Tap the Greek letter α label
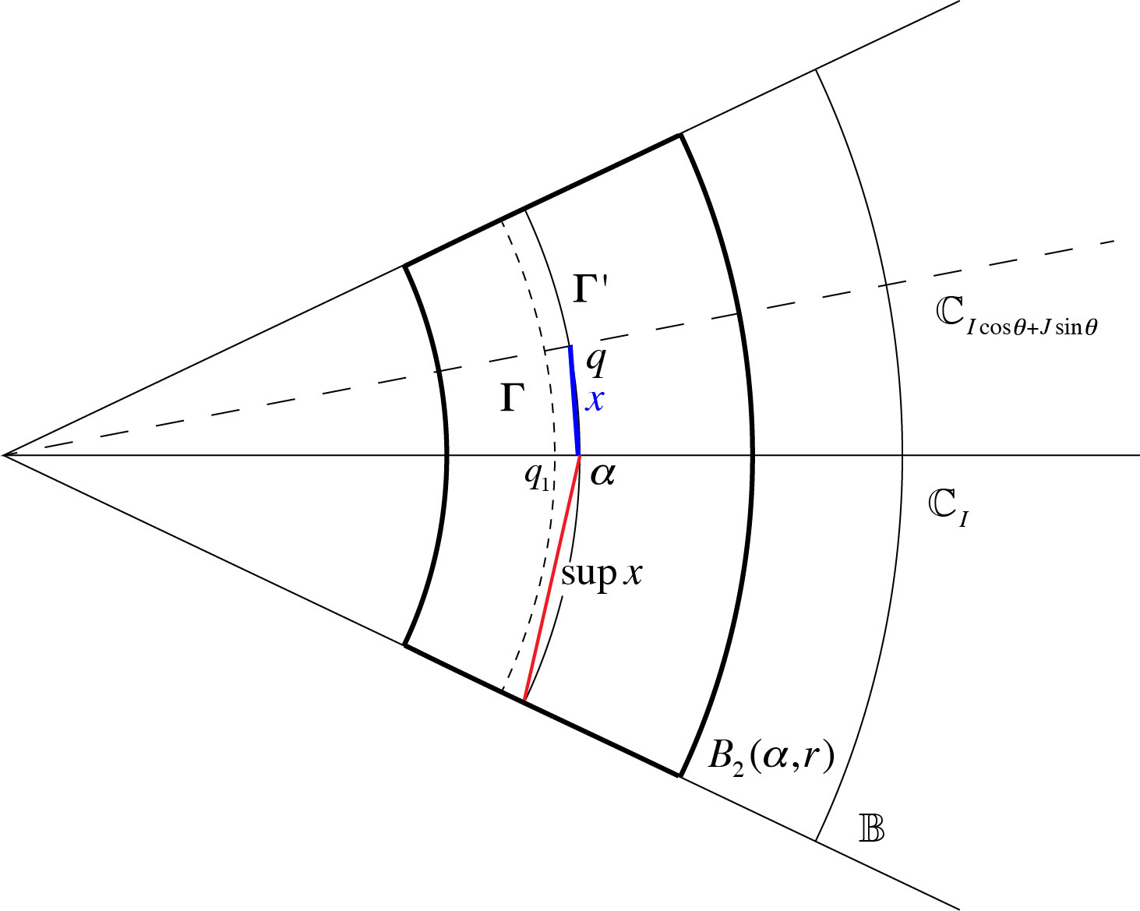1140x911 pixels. click(602, 474)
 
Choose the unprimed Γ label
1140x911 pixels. click(511, 398)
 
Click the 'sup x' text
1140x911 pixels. click(602, 574)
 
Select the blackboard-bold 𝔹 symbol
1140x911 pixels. click(871, 828)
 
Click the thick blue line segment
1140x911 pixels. click(574, 400)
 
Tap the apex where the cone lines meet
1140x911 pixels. click(5, 454)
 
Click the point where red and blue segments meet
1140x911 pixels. click(579, 454)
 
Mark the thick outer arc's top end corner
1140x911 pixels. click(680, 135)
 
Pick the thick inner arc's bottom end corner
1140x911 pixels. click(404, 644)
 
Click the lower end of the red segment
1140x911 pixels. click(524, 701)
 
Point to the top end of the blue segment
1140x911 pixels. click(570, 346)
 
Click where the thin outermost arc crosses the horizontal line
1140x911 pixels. click(902, 454)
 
